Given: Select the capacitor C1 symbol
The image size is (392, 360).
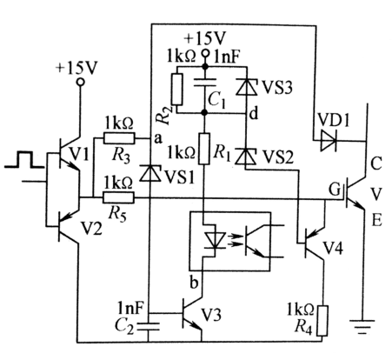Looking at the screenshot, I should [206, 86].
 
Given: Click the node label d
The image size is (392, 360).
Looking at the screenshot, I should [253, 113].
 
